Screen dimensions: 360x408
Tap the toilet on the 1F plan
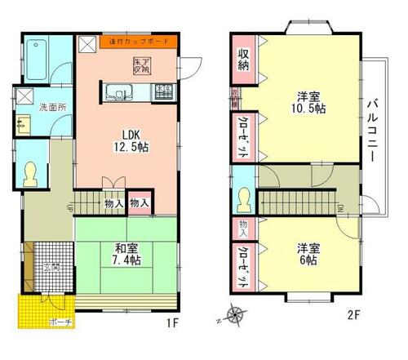click(x=32, y=171)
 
